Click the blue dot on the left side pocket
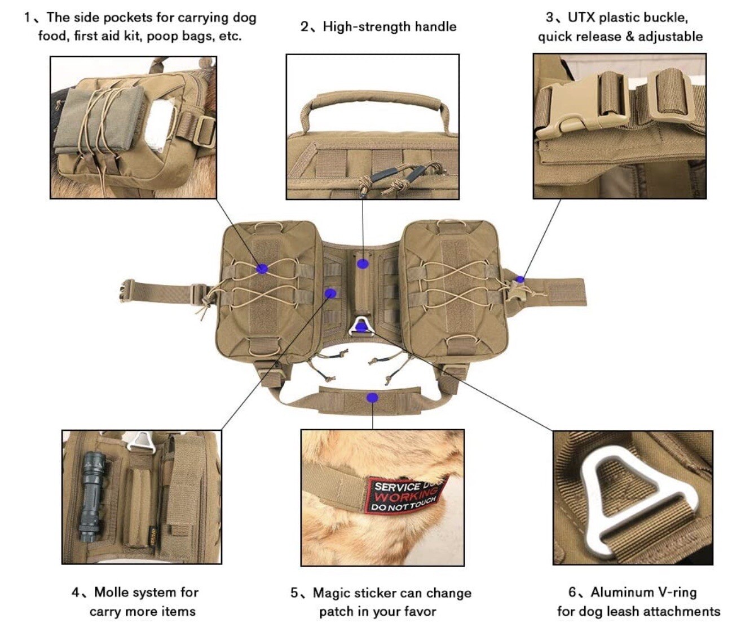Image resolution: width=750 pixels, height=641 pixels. pos(262,269)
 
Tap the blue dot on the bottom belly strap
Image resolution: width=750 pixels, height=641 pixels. pos(372,398)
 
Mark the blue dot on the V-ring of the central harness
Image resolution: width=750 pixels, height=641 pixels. pos(361,326)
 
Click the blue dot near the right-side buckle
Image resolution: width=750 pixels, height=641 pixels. pos(520,279)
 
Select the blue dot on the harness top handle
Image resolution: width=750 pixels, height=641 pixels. pos(363,263)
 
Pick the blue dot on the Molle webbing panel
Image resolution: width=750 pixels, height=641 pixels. pos(331,293)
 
